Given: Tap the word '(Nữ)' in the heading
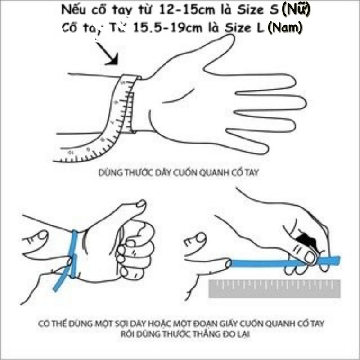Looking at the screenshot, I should tap(295, 10).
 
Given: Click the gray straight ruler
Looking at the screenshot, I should tap(274, 288).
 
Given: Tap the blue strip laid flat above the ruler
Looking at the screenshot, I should tap(270, 262).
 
